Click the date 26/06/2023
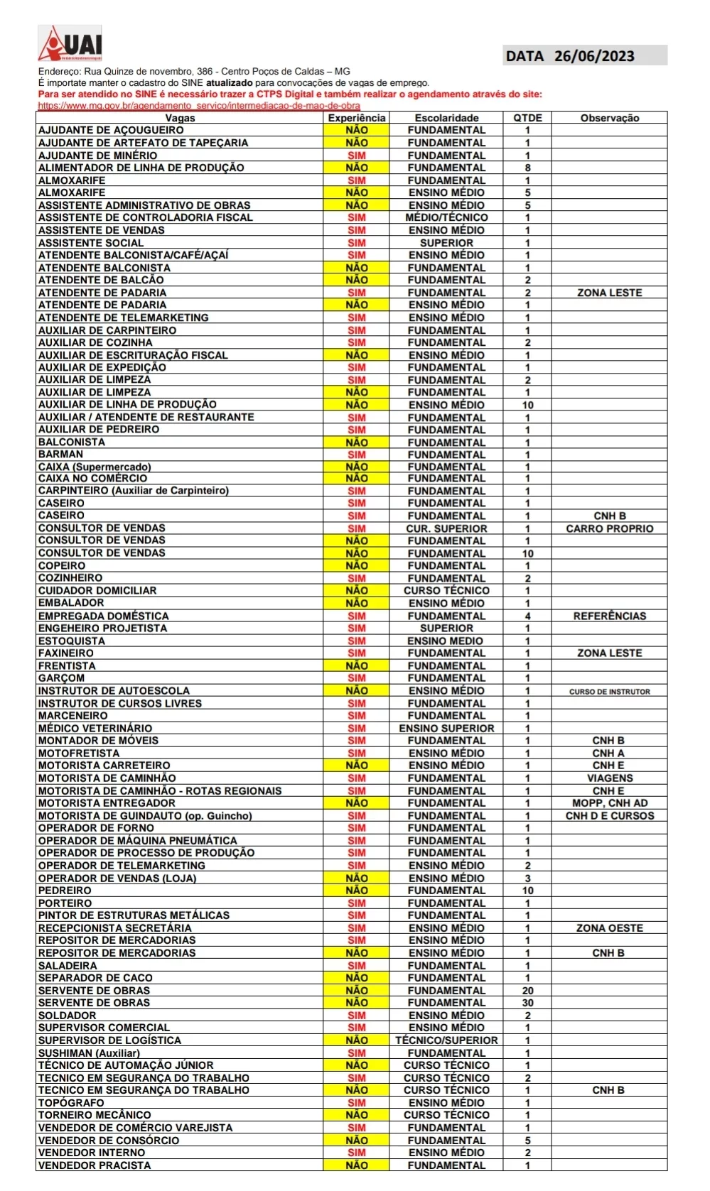(x=594, y=56)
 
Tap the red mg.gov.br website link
(x=199, y=105)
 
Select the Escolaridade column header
(x=446, y=118)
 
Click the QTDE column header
(x=527, y=118)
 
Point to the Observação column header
(x=609, y=118)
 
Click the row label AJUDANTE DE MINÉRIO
(x=98, y=156)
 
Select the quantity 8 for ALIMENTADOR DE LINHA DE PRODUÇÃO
(x=527, y=168)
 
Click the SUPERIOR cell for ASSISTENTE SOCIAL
(x=446, y=243)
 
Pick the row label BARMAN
(x=61, y=455)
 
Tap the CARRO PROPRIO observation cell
(x=609, y=528)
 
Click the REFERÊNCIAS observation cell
(x=609, y=616)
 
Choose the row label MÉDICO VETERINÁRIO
(x=95, y=728)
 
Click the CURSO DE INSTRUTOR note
(x=609, y=691)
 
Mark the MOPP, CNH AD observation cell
(x=609, y=803)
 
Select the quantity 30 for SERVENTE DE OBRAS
(x=527, y=1003)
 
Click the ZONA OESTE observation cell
(x=609, y=928)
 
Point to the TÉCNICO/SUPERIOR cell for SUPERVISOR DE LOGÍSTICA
(x=446, y=1040)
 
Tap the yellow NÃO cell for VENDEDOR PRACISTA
(x=356, y=1165)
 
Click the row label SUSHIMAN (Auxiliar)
(x=89, y=1053)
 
